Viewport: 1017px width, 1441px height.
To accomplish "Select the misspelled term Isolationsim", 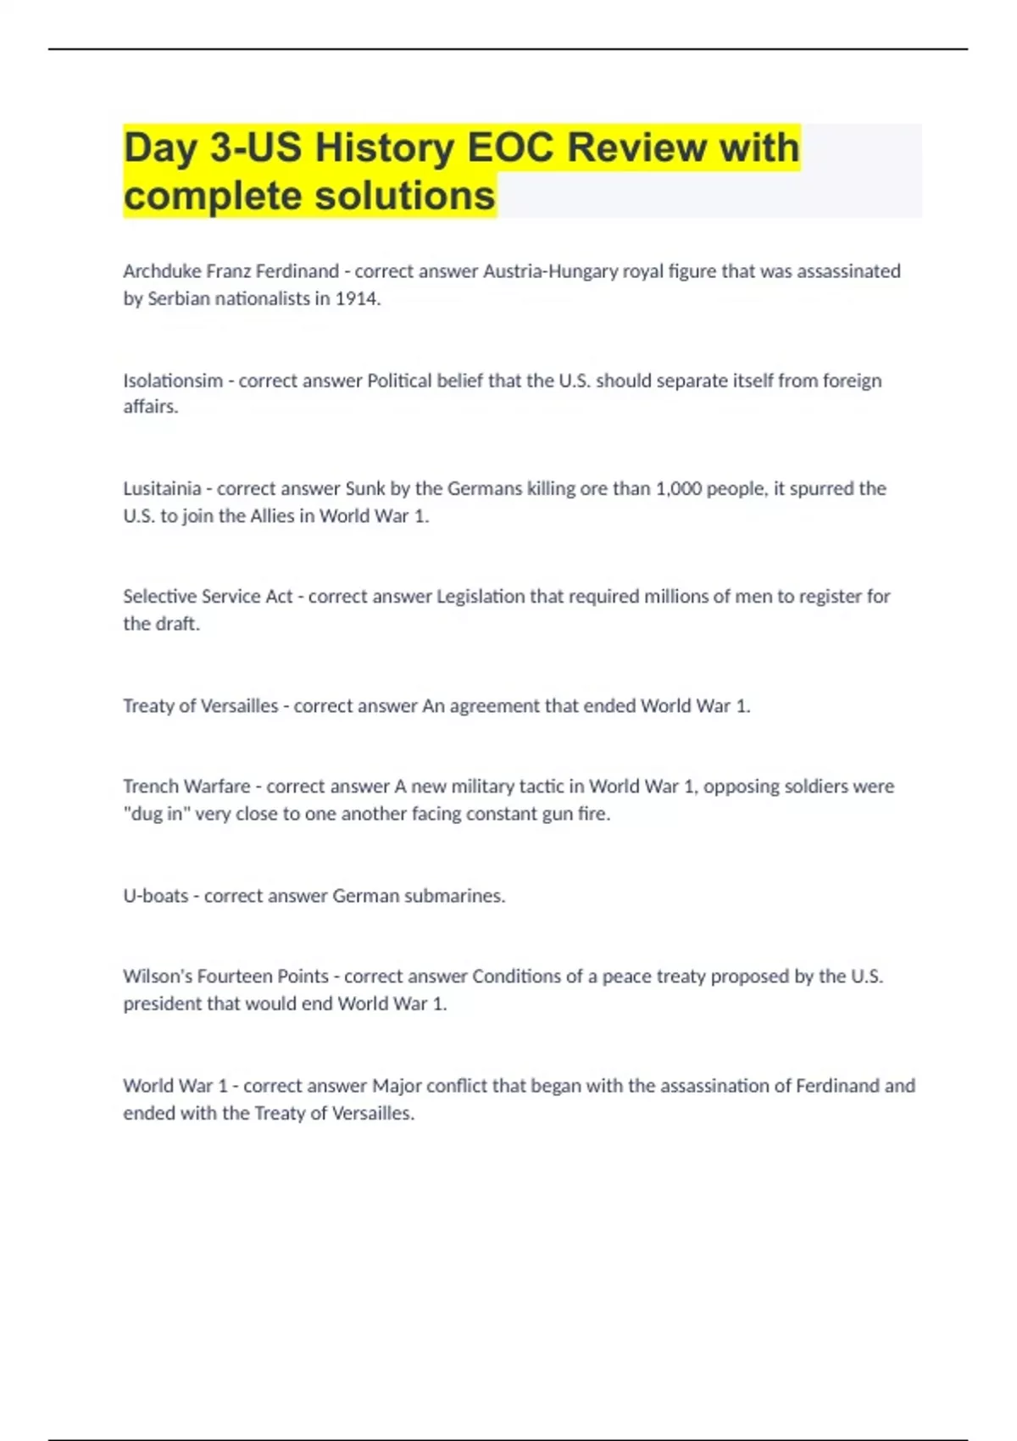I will [172, 381].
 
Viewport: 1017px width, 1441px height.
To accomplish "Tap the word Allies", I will [272, 515].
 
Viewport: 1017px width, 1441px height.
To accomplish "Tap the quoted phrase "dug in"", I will [156, 814].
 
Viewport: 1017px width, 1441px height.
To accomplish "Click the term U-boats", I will [155, 896].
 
